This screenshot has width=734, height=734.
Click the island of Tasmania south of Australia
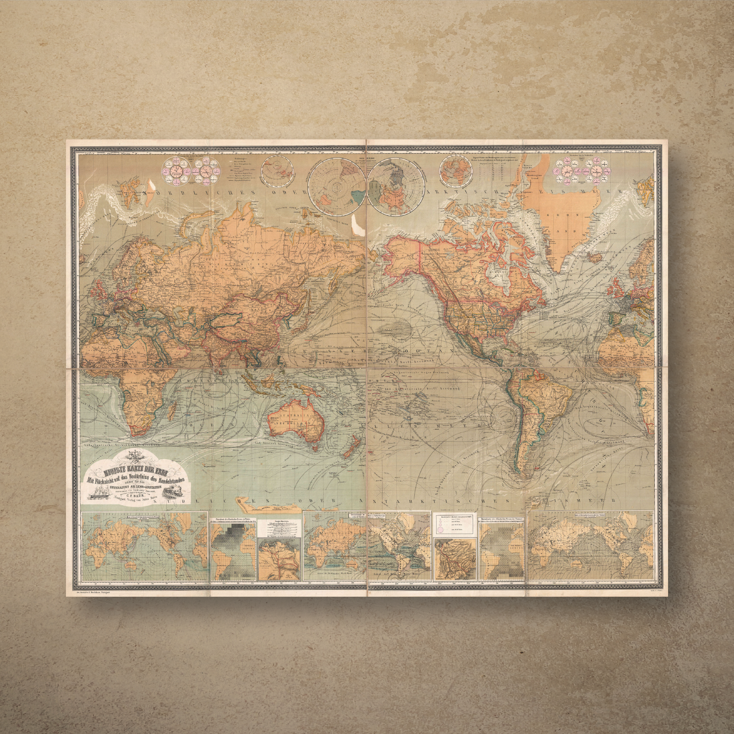coord(315,448)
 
